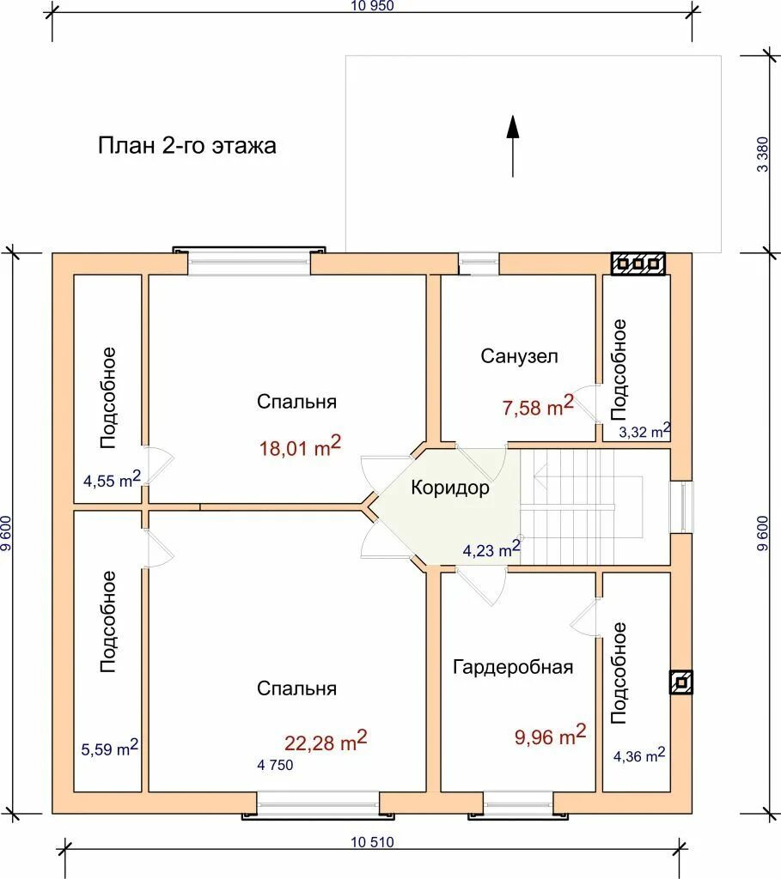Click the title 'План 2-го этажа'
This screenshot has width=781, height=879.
(x=186, y=146)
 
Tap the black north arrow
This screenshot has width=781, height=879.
(x=512, y=146)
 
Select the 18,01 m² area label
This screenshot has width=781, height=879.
(x=300, y=446)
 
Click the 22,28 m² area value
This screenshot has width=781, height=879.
(x=326, y=741)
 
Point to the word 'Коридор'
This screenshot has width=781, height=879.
(x=450, y=488)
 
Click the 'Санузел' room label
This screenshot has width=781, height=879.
(x=519, y=356)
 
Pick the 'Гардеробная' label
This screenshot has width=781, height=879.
(x=513, y=667)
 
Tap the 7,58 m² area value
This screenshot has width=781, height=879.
(x=538, y=406)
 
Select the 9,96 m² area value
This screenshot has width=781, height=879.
(x=550, y=736)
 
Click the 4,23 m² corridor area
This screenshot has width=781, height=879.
(x=491, y=549)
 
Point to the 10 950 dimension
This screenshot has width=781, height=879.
(x=373, y=6)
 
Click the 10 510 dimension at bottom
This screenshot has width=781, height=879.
(x=373, y=842)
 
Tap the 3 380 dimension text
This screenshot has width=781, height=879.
(x=762, y=155)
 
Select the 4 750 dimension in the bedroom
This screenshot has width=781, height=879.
(x=275, y=765)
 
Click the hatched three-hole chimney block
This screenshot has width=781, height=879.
(x=638, y=264)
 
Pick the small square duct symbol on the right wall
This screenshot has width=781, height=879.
(x=681, y=682)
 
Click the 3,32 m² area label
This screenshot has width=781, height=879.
(x=644, y=431)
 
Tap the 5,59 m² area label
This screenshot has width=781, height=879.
(x=109, y=748)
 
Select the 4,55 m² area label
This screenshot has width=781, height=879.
(x=112, y=479)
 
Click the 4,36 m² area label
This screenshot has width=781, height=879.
(x=639, y=755)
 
